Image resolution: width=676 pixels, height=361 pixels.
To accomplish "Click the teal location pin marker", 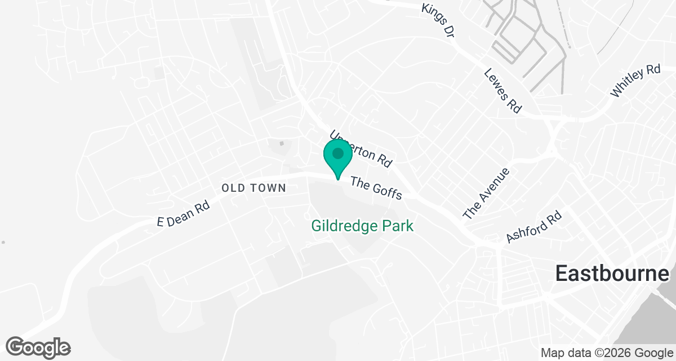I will [337, 158].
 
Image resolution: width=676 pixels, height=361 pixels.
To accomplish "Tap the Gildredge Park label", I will [362, 226].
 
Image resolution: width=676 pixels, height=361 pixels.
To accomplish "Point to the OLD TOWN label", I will [254, 188].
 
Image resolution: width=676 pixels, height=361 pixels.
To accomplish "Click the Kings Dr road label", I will [438, 20].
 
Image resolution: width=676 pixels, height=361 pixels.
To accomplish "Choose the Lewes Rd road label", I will [502, 91].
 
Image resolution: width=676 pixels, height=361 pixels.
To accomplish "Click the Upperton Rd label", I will [361, 149].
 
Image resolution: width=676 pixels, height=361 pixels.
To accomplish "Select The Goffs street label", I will [376, 188].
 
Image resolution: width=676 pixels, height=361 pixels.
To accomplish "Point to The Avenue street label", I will [486, 193].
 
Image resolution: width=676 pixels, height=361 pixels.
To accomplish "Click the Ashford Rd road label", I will [534, 227].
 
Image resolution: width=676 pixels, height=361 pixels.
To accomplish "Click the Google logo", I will [38, 347].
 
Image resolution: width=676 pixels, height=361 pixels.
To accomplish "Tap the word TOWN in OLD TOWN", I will [268, 188].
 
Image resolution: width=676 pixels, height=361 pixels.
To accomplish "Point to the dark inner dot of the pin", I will [337, 153].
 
